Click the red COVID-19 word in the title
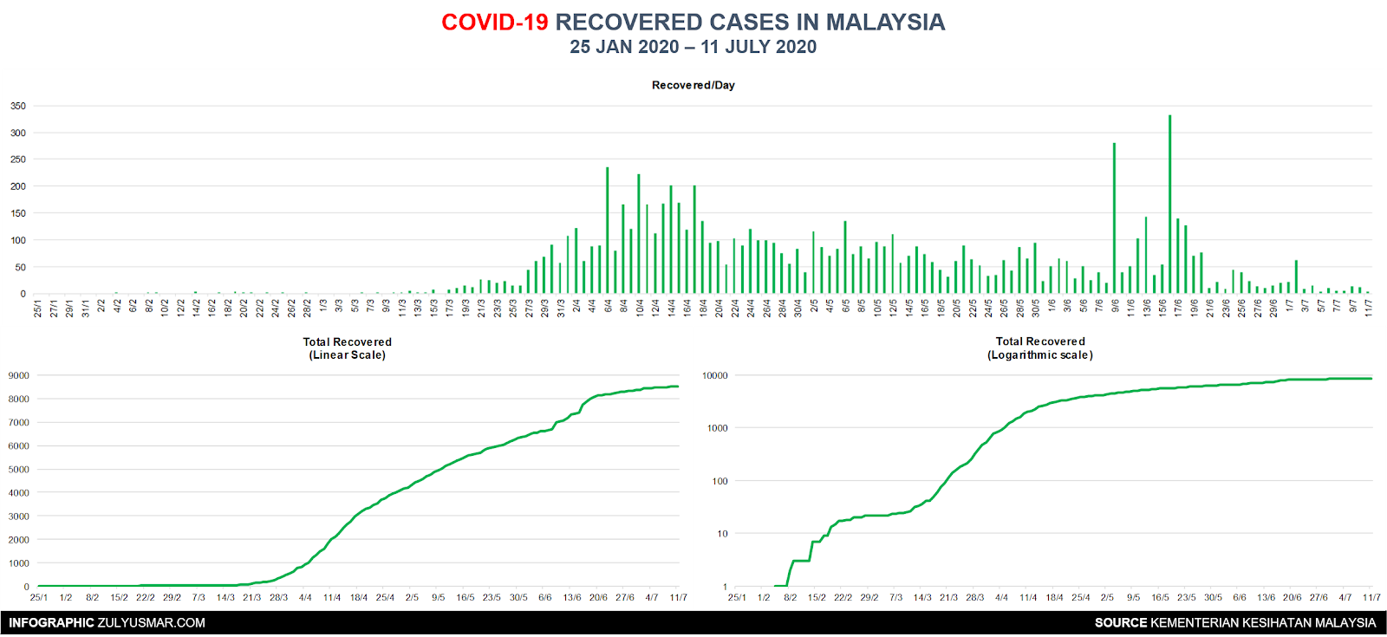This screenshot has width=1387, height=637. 494,23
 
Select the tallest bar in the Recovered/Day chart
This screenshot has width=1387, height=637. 1169,205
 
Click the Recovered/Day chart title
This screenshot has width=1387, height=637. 693,85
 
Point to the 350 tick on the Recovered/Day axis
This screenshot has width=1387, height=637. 18,106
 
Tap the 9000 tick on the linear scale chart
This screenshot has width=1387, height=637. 18,375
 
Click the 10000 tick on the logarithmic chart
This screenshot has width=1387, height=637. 715,376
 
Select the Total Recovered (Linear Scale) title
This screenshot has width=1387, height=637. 348,348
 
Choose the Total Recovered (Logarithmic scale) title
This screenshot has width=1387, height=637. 1040,348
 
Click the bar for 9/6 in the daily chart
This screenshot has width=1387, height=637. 1115,218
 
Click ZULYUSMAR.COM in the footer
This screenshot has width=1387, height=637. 151,623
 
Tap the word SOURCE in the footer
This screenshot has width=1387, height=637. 1121,623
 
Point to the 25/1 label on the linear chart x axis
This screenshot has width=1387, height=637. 38,597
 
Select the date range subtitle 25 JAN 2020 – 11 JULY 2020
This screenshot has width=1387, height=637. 693,47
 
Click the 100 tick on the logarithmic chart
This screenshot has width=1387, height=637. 720,481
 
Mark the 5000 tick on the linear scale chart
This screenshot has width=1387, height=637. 18,469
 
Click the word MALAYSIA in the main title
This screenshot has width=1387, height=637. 885,23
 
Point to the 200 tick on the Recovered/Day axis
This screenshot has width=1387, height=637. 18,186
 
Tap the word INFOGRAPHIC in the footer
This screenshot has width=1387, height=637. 51,623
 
